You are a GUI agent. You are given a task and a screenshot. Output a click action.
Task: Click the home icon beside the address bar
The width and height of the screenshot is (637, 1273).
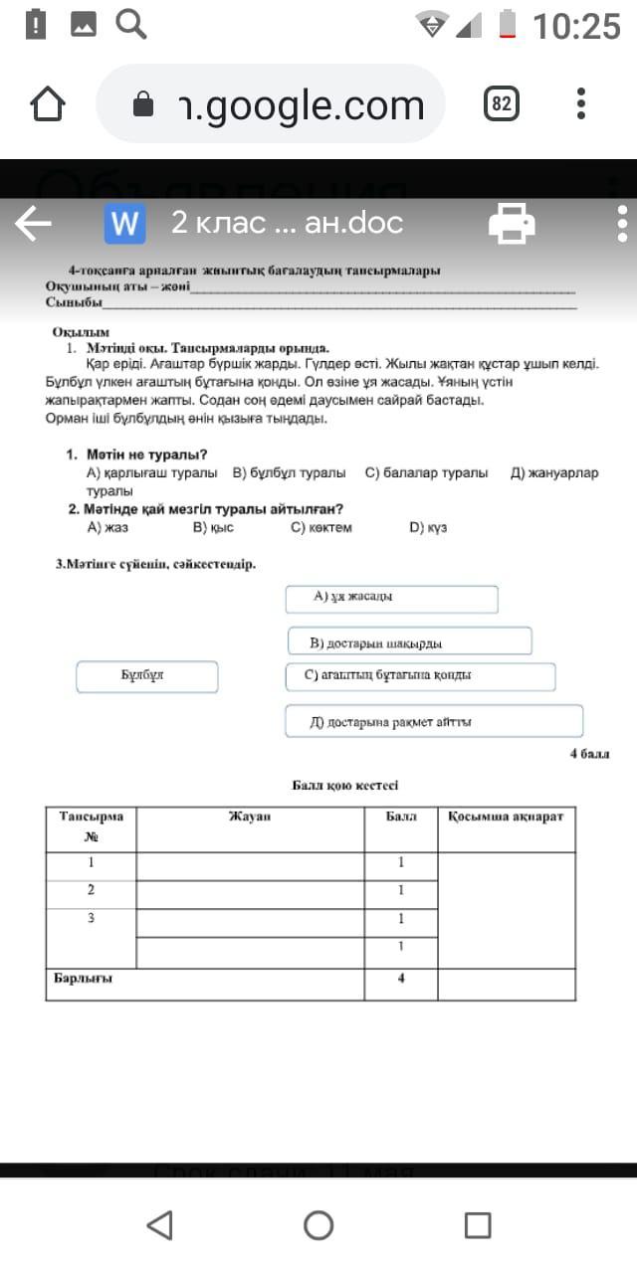[x=48, y=103]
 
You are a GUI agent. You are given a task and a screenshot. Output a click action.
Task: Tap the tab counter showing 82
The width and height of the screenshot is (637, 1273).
[x=503, y=103]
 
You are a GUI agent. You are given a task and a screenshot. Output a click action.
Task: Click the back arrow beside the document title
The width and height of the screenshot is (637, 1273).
[x=33, y=224]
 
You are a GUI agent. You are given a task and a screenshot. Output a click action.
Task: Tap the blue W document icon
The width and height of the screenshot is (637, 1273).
[x=124, y=224]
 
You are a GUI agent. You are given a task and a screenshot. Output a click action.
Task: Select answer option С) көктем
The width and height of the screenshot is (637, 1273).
[x=320, y=527]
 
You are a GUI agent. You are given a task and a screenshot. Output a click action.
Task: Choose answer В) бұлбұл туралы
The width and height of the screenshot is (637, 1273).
[x=289, y=473]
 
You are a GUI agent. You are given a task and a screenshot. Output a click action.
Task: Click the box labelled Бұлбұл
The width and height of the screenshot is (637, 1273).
[x=147, y=676]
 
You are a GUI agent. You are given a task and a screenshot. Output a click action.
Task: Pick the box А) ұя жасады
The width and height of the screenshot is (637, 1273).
[x=391, y=599]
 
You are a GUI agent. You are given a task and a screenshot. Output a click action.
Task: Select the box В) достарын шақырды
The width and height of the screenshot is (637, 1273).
[x=409, y=641]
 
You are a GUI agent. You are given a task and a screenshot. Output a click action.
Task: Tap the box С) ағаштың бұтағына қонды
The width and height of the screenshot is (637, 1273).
[x=419, y=676]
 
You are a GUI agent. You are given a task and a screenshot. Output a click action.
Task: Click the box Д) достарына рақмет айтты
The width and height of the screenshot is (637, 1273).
[x=433, y=721]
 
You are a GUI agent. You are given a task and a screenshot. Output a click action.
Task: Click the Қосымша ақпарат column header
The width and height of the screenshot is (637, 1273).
[x=506, y=817]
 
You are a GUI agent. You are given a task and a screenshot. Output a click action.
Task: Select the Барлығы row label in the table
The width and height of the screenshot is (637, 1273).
[x=84, y=978]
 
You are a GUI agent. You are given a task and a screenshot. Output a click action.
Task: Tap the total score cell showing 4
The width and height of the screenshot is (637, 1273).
[x=400, y=978]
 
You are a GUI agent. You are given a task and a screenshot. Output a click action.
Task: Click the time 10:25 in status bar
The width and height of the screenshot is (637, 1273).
[x=576, y=26]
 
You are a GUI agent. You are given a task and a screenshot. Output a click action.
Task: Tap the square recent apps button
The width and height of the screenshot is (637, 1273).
[x=478, y=1224]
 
